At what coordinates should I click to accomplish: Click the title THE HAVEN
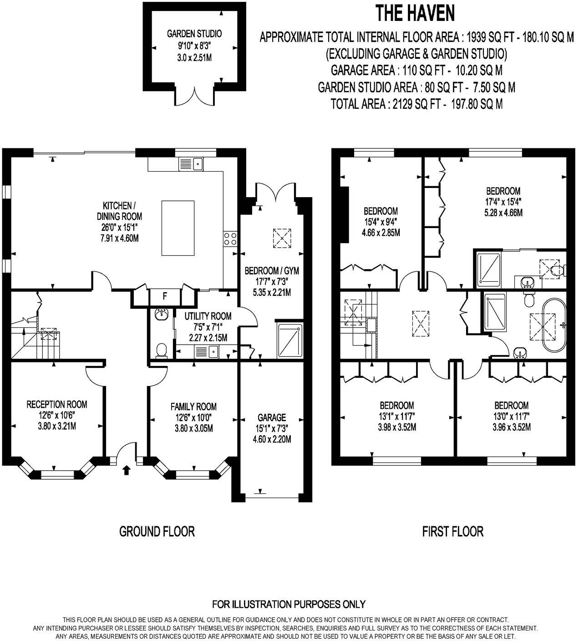coord(415,14)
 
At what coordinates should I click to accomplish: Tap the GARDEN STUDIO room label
coord(194,34)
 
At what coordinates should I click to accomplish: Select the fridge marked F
coord(165,297)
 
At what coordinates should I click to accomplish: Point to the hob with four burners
coord(230,239)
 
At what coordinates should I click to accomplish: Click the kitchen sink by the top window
coord(191,163)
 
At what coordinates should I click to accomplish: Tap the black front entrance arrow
coord(126,469)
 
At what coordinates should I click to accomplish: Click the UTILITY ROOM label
coord(208,316)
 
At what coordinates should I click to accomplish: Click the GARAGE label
coord(272,417)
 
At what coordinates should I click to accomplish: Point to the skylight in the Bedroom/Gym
coord(282,238)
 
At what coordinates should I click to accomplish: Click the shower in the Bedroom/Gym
coord(289,341)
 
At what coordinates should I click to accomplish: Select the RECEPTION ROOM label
coord(57,404)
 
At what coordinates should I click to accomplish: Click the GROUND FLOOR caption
coord(157,531)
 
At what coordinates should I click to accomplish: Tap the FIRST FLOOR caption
coord(453,531)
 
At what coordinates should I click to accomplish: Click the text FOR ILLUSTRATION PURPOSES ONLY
coord(289,605)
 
